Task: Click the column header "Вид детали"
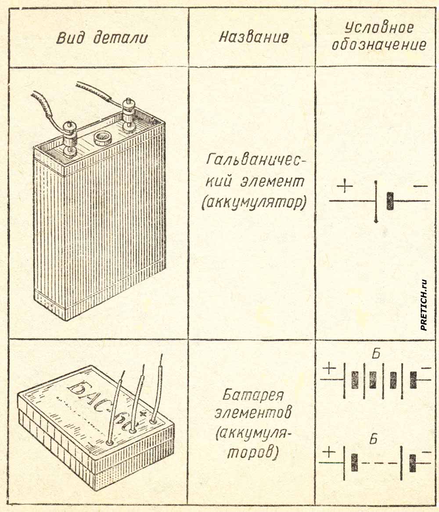coord(102,38)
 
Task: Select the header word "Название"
coord(254,37)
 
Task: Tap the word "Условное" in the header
coord(378,28)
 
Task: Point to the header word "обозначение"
coord(378,45)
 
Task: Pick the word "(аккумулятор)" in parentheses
coord(253,203)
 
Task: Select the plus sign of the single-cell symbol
coord(346,187)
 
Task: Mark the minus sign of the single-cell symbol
coord(420,187)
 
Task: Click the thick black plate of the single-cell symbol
coord(389,201)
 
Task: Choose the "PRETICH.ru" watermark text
coord(424,305)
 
